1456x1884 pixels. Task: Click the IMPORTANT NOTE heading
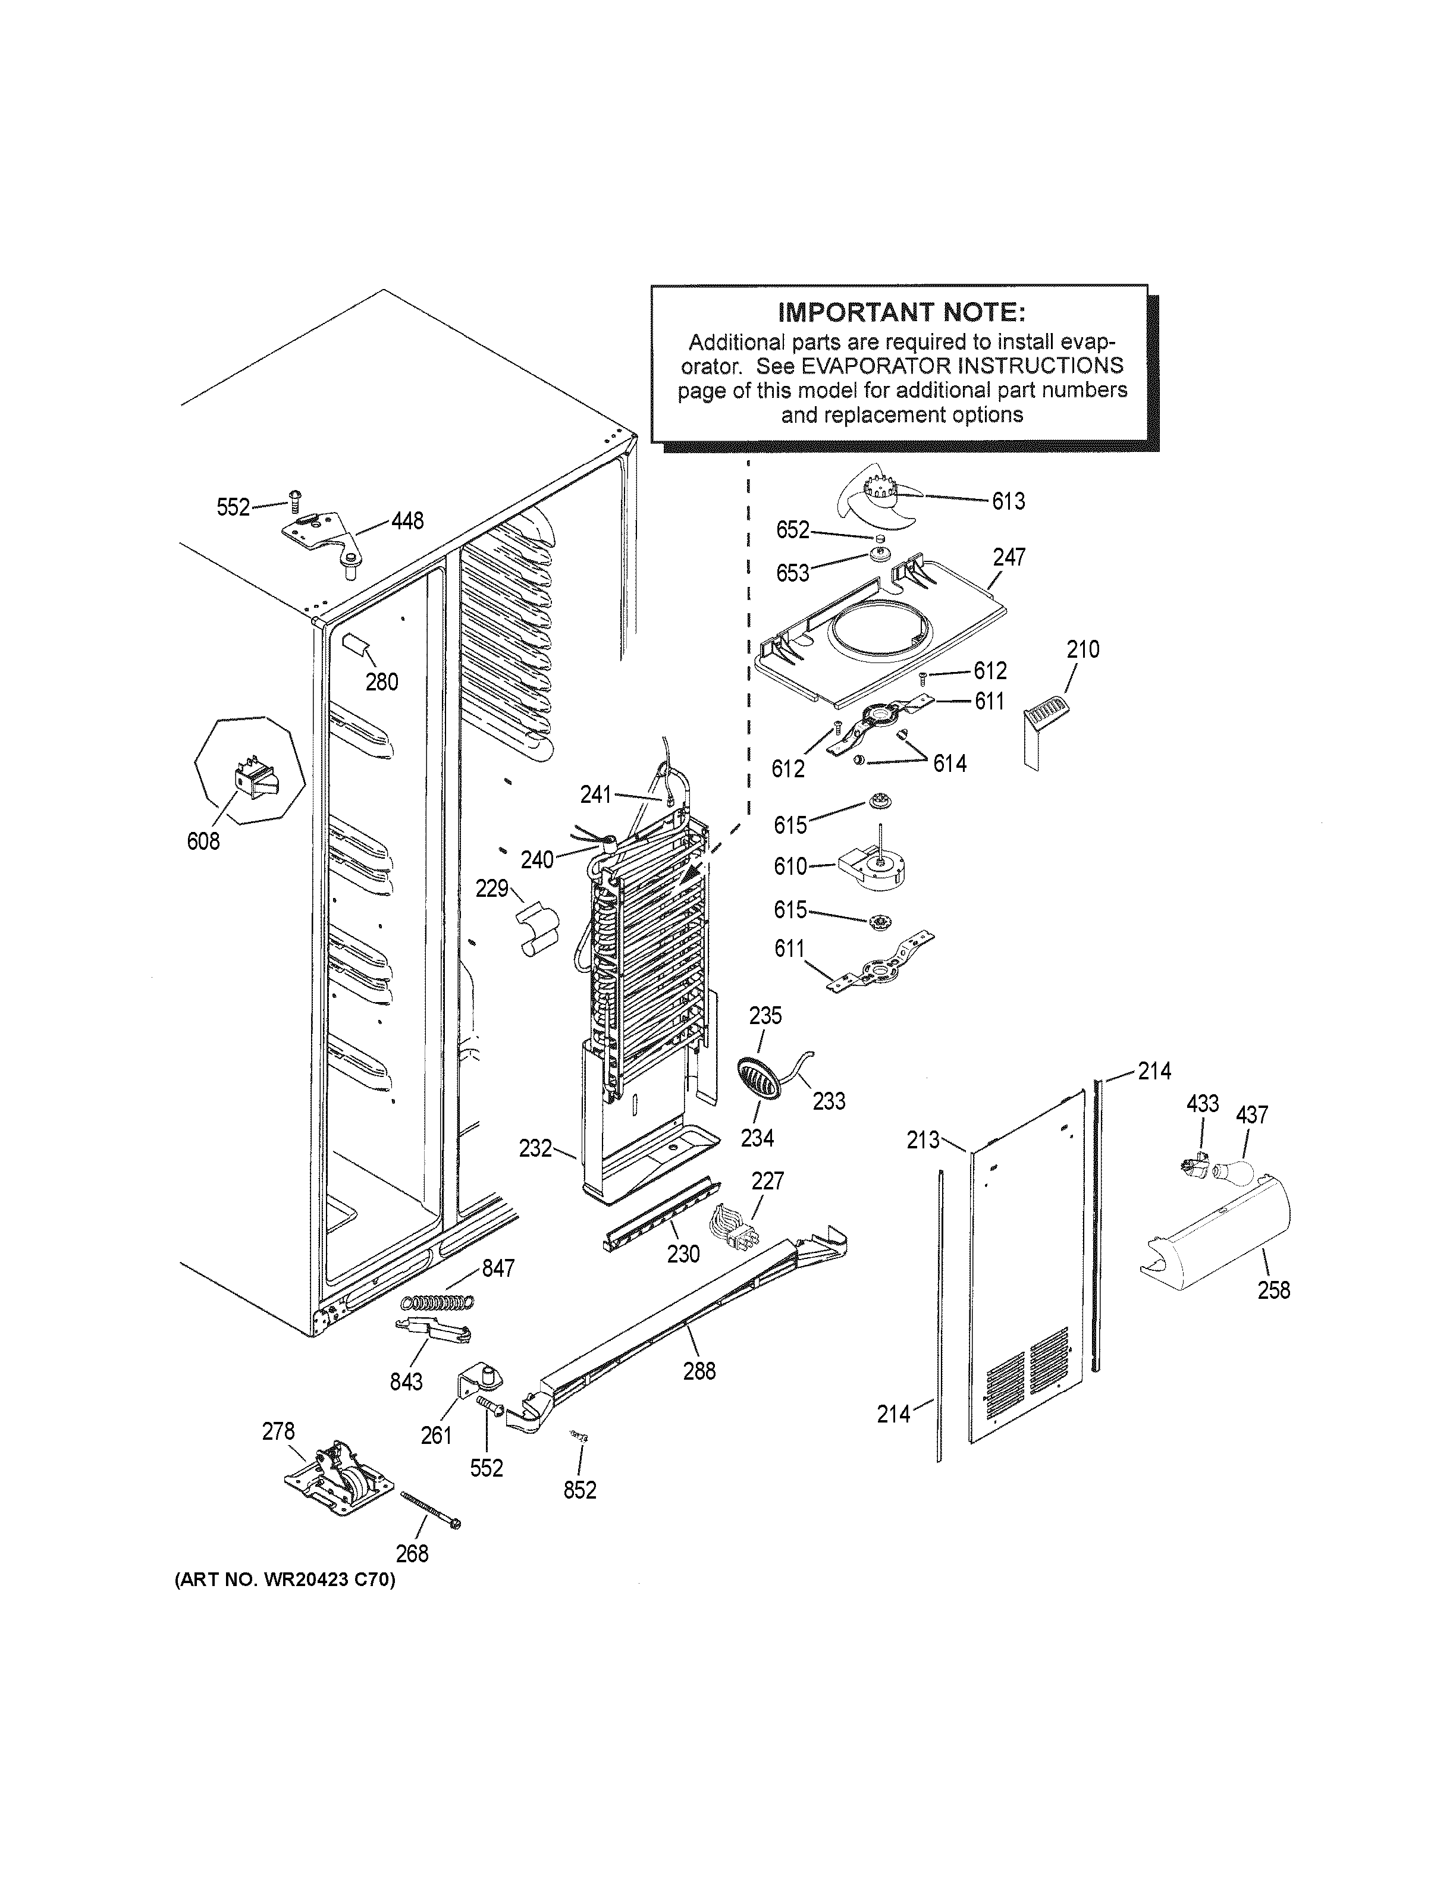pyautogui.click(x=901, y=310)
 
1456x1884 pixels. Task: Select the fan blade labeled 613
pyautogui.click(x=880, y=498)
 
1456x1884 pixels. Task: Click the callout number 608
pyautogui.click(x=203, y=841)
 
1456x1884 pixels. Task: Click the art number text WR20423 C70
pyautogui.click(x=285, y=1580)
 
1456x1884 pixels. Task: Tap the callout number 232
pyautogui.click(x=535, y=1148)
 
